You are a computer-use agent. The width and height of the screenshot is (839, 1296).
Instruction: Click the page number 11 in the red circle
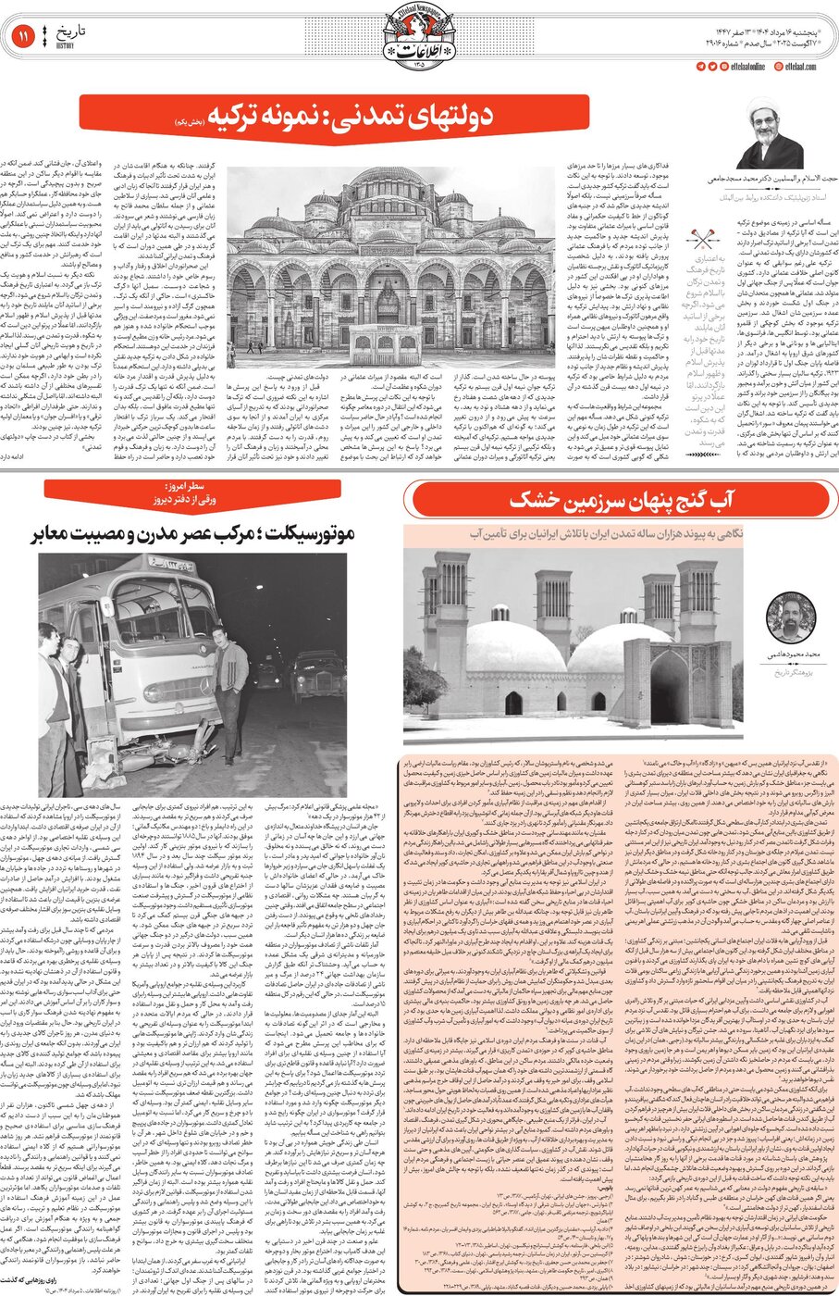coord(20,38)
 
